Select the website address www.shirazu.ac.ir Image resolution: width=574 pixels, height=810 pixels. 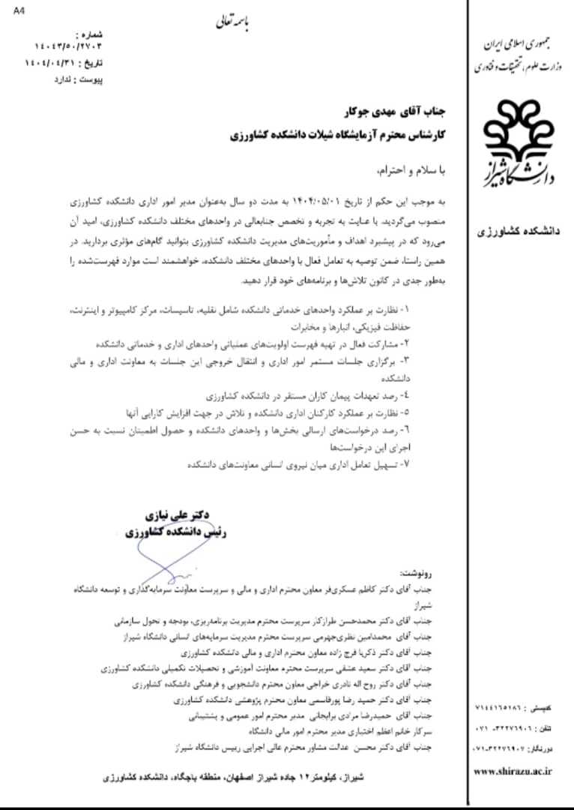coord(513,771)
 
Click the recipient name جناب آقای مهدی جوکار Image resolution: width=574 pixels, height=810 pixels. coord(404,113)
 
